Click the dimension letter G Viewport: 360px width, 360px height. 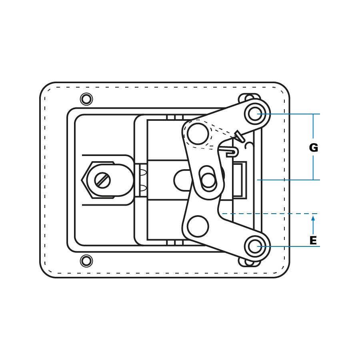313,148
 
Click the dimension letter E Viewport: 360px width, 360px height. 313,240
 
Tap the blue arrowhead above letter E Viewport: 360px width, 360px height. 313,218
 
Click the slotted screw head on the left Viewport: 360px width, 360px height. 102,180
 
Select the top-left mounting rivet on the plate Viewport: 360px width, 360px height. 86,99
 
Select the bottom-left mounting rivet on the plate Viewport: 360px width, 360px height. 86,261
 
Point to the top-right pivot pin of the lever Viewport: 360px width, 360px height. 255,114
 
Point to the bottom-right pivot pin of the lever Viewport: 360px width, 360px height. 255,246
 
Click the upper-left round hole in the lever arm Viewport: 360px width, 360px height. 198,134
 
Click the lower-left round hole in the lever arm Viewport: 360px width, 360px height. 198,226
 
